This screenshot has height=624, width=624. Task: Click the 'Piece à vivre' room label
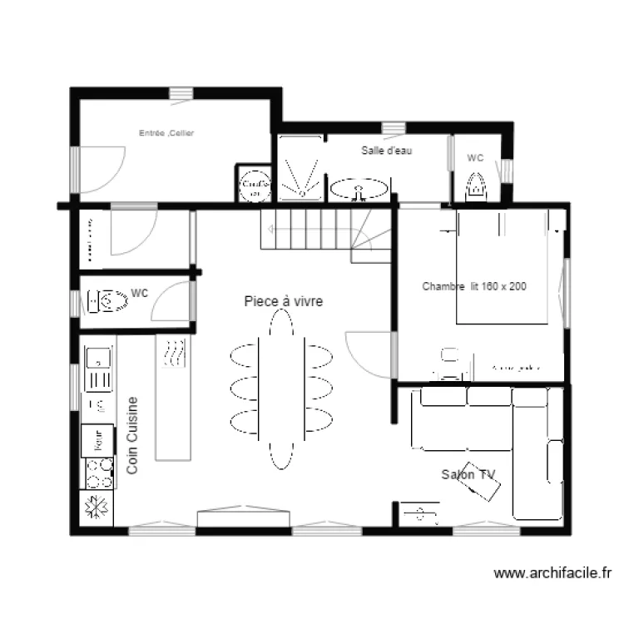click(283, 301)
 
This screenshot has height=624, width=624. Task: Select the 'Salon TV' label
click(468, 474)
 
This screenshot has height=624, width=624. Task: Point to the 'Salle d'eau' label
click(387, 151)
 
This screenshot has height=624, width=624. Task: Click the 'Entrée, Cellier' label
click(166, 133)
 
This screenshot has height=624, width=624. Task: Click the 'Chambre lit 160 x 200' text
click(474, 286)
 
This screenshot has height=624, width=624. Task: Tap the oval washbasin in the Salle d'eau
click(359, 190)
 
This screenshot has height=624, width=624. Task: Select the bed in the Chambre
click(502, 266)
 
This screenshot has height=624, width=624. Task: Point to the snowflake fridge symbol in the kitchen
click(97, 508)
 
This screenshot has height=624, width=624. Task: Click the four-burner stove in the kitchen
click(98, 473)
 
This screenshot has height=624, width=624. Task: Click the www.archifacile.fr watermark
click(553, 573)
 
